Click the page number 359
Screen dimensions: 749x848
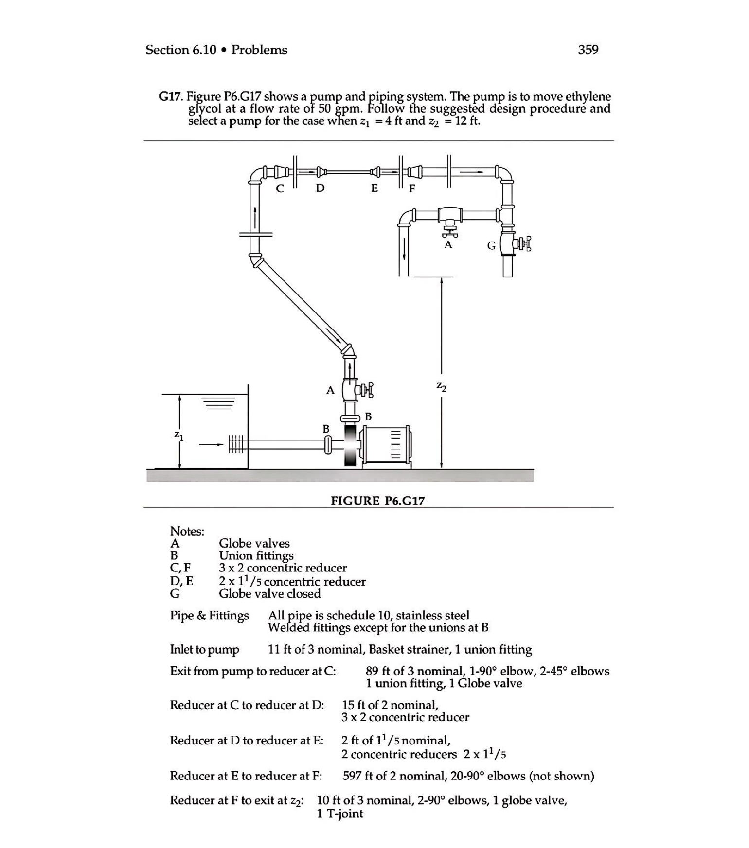[588, 50]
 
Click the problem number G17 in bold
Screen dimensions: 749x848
[170, 96]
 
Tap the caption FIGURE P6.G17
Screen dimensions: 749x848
[377, 501]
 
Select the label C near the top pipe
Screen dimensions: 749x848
[280, 189]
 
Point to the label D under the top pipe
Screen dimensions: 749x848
[320, 188]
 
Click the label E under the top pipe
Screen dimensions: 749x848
[374, 188]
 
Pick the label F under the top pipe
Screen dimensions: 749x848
[412, 189]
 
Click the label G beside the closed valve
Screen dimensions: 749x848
[492, 246]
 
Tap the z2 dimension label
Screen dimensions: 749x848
[441, 387]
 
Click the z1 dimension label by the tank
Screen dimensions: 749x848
[179, 435]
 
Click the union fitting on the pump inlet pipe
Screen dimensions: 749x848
[328, 444]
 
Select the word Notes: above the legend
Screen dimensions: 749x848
[187, 531]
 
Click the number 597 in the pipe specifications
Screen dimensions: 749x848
[352, 776]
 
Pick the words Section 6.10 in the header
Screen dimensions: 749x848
[181, 50]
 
